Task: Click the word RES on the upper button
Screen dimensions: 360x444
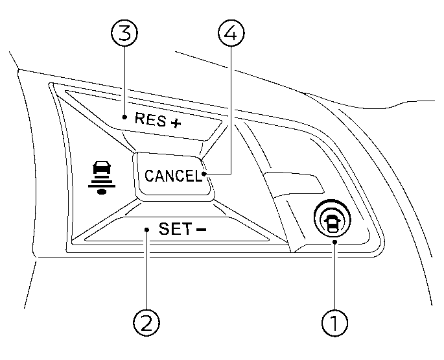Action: pyautogui.click(x=148, y=119)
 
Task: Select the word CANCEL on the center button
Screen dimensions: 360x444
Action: pyautogui.click(x=173, y=176)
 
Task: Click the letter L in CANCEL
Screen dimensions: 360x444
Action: pyautogui.click(x=198, y=176)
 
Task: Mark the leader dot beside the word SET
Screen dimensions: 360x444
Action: pyautogui.click(x=148, y=229)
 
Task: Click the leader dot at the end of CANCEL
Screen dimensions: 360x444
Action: pyautogui.click(x=204, y=174)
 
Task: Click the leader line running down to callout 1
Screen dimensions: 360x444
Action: pyautogui.click(x=335, y=276)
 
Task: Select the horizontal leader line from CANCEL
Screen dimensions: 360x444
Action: pyautogui.click(x=217, y=174)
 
